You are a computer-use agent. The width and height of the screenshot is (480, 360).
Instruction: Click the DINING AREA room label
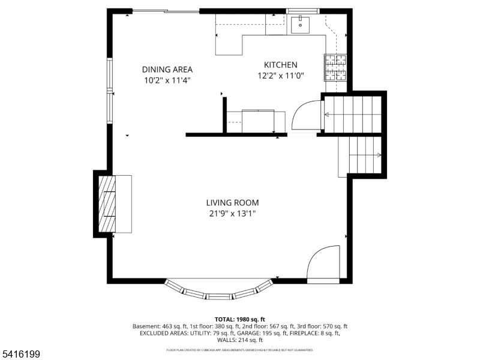tap(167, 69)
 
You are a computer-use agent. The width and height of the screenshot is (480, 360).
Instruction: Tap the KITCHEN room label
tap(281, 65)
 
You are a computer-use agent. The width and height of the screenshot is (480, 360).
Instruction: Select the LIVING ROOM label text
tap(233, 203)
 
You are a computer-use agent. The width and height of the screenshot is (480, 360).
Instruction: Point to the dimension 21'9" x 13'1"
tap(233, 214)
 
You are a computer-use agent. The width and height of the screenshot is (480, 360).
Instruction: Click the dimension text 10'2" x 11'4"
tap(167, 80)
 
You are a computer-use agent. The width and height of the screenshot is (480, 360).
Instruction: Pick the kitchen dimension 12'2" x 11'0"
tap(281, 76)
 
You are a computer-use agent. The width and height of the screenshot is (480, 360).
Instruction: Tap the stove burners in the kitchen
tap(336, 68)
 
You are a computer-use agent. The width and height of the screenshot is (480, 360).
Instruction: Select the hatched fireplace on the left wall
tap(106, 204)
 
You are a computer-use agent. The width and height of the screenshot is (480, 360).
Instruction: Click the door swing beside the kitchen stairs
tap(306, 115)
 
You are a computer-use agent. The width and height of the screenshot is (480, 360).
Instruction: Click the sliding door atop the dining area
tap(166, 11)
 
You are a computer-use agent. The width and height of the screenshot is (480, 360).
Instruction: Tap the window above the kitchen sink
tap(303, 11)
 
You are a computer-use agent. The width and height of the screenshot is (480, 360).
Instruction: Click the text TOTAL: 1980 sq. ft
tap(240, 319)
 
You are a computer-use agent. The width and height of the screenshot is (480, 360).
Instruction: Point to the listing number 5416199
tap(21, 355)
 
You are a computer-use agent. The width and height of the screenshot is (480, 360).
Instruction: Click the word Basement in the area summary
tap(146, 326)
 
